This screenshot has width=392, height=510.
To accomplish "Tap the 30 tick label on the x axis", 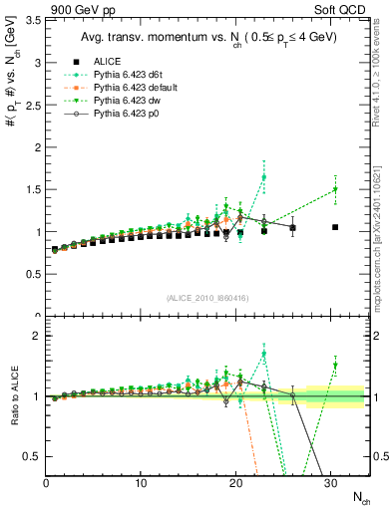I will pyautogui.click(x=330, y=484).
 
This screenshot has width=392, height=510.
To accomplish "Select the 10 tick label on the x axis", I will pyautogui.click(x=141, y=484).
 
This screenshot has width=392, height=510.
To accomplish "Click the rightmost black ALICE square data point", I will pyautogui.click(x=335, y=227).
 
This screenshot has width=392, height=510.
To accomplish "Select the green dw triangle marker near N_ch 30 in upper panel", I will pyautogui.click(x=335, y=189).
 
